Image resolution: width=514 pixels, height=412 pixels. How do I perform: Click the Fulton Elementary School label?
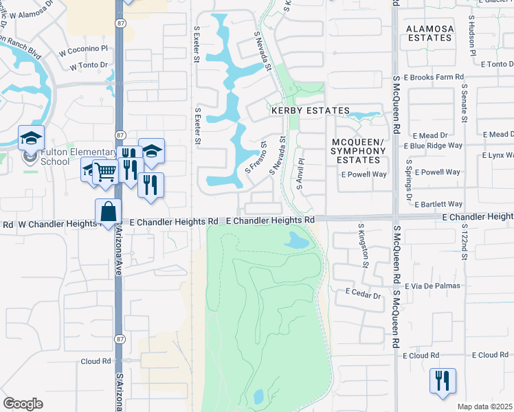point(69,157)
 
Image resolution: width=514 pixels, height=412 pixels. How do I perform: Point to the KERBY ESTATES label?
point(310,111)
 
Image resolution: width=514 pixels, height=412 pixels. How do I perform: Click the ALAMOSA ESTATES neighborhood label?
point(429,33)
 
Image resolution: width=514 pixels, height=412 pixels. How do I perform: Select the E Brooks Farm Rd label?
point(434,78)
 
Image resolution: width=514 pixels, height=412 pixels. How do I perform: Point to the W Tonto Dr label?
point(89,66)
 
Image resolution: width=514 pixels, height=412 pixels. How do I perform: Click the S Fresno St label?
point(256,158)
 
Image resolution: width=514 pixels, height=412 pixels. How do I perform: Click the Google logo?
point(23,403)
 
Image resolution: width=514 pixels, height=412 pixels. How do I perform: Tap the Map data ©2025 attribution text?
point(484,407)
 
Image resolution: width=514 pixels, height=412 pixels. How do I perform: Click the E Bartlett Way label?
point(436,204)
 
